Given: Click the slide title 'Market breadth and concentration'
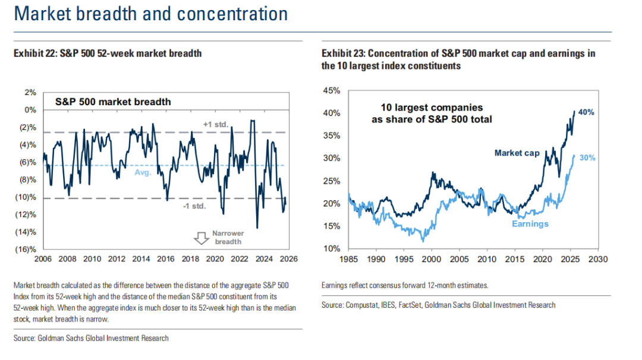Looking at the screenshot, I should (151, 14).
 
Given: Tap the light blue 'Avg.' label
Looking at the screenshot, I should (143, 172).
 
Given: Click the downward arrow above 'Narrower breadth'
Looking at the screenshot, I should (200, 237).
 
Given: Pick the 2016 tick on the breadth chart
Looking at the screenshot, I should (165, 259).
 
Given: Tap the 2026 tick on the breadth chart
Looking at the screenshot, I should (288, 259).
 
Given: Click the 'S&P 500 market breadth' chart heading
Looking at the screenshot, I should (113, 102).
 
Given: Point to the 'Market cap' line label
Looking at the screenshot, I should (517, 153).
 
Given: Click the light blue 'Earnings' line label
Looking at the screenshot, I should (530, 224).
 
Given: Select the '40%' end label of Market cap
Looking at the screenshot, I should (586, 112).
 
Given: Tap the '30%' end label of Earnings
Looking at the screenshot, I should (586, 158).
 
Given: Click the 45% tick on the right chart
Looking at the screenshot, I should (332, 91).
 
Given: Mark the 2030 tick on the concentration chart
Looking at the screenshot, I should (599, 259).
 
